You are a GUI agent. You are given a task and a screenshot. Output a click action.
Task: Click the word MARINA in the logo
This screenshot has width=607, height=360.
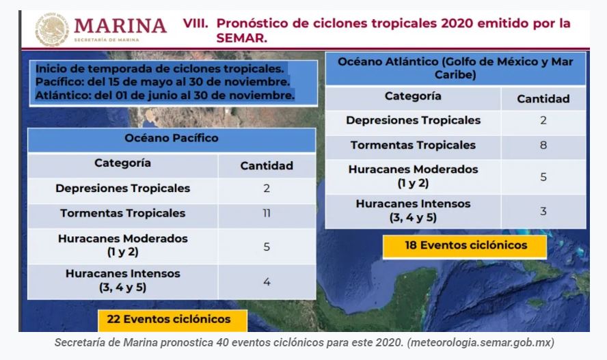click(x=120, y=26)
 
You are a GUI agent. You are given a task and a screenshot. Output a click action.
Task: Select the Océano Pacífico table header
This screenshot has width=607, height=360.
click(x=172, y=139)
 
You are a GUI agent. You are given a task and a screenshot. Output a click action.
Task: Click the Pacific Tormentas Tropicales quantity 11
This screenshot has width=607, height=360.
click(x=267, y=213)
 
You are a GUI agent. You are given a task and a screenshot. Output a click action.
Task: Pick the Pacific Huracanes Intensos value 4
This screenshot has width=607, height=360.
click(x=267, y=282)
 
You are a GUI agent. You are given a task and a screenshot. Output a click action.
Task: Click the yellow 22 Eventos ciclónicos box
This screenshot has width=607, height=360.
click(x=172, y=320)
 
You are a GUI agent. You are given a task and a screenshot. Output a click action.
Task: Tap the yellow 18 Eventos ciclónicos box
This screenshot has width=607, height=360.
click(x=465, y=246)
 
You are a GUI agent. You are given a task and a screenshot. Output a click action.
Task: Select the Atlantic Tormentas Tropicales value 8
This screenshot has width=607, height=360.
click(x=543, y=145)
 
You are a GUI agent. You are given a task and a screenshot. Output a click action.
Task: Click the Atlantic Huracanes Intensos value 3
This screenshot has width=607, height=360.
click(x=543, y=211)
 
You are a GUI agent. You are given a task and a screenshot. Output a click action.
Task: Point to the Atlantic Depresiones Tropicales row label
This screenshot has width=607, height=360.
click(x=413, y=120)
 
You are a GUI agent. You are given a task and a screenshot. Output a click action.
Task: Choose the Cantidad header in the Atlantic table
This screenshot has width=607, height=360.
click(x=543, y=99)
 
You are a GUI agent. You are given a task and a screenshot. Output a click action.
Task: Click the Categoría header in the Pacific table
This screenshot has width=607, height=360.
click(x=123, y=163)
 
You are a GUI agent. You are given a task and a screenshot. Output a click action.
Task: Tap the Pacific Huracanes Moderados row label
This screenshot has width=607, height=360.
click(x=123, y=245)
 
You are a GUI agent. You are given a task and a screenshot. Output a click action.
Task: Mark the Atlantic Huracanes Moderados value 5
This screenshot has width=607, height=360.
click(x=543, y=177)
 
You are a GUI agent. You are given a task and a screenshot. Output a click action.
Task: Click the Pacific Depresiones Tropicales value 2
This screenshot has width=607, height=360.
click(x=267, y=189)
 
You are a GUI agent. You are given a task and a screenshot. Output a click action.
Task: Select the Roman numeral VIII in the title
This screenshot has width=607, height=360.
click(x=195, y=24)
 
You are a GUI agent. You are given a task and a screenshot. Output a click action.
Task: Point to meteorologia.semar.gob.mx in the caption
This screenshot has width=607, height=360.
click(x=481, y=343)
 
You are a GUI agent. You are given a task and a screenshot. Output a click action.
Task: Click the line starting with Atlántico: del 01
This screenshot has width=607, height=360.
click(x=165, y=95)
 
